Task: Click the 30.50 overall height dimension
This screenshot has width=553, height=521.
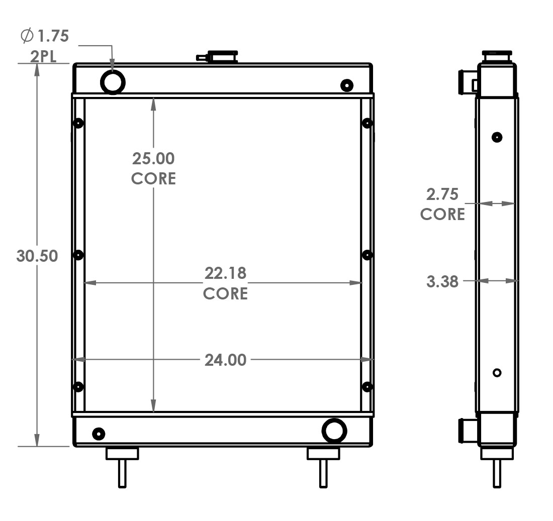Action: tap(37, 256)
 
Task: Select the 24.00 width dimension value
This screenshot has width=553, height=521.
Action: tap(225, 360)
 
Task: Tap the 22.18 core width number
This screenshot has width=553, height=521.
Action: tap(225, 274)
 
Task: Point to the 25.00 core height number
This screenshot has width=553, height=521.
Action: tap(153, 159)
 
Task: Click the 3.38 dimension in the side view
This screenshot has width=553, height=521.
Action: tap(442, 281)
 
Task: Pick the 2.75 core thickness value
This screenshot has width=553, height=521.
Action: tap(442, 194)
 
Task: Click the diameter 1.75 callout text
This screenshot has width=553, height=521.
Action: tap(45, 36)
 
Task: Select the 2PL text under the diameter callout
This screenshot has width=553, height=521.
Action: tap(43, 56)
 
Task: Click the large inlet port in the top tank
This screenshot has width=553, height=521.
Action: tap(113, 81)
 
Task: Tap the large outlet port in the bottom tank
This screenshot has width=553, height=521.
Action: tap(334, 431)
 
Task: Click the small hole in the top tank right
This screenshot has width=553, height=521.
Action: tap(346, 85)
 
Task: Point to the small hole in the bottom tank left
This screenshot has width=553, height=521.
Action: tap(99, 433)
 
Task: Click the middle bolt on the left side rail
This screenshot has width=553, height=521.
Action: tap(78, 255)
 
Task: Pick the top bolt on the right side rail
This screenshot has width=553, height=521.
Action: tap(367, 123)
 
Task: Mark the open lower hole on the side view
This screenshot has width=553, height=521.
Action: tap(497, 372)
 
